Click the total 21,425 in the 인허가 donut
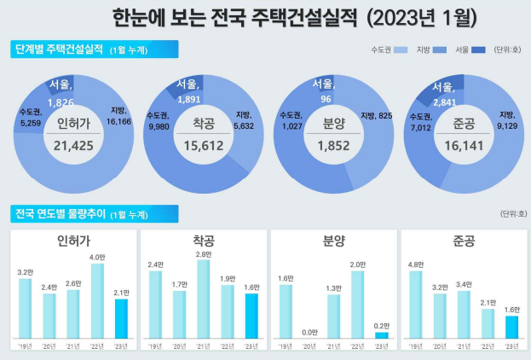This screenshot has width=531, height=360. tap(72, 144)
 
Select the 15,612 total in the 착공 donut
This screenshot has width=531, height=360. tap(203, 144)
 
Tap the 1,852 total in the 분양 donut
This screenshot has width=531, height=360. tap(332, 144)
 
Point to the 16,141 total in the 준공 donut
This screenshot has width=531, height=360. tap(464, 144)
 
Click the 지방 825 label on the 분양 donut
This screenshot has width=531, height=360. tap(376, 116)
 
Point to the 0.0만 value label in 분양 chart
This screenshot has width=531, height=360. tap(309, 332)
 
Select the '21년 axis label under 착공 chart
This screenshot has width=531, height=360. tap(203, 346)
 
